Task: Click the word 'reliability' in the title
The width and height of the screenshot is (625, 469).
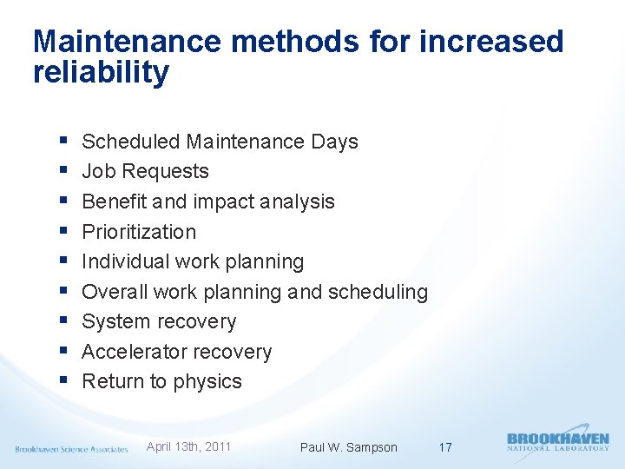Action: (x=101, y=73)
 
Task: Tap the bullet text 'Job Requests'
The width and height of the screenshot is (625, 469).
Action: (x=145, y=171)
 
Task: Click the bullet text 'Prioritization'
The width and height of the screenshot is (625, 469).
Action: (x=139, y=232)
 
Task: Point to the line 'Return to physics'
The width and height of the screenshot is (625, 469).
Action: (x=161, y=381)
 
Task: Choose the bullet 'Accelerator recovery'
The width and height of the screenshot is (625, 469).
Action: (x=176, y=352)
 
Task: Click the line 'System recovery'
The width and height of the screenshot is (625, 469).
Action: (x=159, y=321)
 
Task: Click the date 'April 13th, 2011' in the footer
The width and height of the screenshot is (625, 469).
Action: (x=188, y=446)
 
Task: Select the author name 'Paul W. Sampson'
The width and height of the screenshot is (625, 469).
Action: (x=348, y=447)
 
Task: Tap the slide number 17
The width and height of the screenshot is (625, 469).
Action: (x=444, y=447)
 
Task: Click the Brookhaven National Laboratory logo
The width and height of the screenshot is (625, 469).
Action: (x=557, y=441)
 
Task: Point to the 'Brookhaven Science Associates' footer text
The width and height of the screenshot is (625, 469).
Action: (x=71, y=449)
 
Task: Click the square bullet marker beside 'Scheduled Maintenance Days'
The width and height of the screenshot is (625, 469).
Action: (x=67, y=141)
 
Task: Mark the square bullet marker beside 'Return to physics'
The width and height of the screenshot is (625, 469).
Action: (x=67, y=380)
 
